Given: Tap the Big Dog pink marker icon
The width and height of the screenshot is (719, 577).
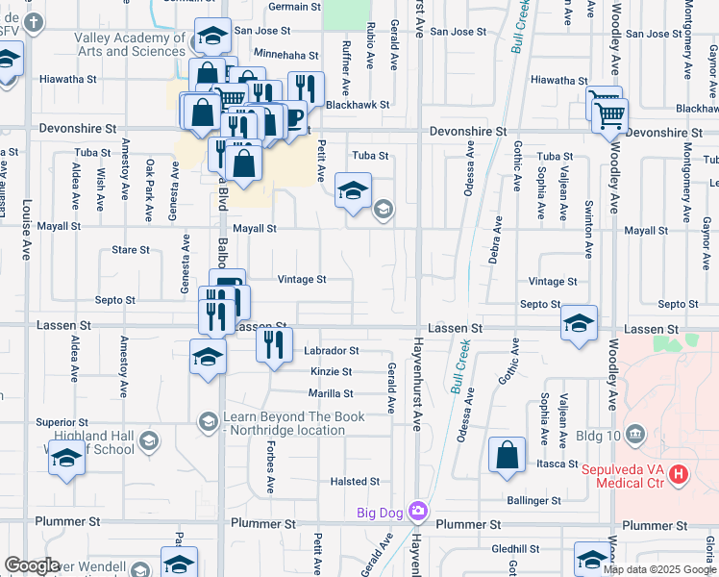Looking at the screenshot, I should pos(417,510).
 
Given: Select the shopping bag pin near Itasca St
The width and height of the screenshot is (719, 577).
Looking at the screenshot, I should pos(507,455).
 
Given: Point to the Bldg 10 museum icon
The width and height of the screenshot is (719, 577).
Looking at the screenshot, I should pos(633,435).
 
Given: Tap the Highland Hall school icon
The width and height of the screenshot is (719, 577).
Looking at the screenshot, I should pos(148,441).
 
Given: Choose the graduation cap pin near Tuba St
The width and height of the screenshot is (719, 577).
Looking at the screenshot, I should pos(353,190).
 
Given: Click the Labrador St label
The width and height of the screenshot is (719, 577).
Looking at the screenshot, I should pos(332,351).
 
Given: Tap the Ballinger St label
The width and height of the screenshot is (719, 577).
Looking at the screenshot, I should pos(534,501).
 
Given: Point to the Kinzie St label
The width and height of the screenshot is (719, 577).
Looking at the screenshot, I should pos(331,371).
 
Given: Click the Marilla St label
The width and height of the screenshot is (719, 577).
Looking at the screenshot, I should pos(331,393).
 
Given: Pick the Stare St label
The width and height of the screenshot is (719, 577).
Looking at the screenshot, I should pos(131,250).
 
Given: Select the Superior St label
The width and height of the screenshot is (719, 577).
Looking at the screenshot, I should pos(62,422).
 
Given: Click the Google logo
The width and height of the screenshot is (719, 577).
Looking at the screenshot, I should pos(32,565).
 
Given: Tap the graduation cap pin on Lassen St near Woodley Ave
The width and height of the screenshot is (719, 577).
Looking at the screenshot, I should pos(579,324).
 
